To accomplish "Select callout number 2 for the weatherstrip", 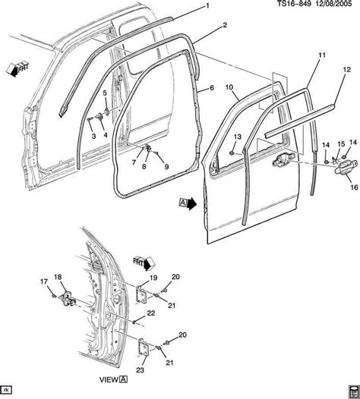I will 225,25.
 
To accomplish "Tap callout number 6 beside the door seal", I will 211,88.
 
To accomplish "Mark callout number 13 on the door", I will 236,137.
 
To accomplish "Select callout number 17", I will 43,282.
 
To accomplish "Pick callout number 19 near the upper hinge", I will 153,278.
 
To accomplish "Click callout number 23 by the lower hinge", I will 141,369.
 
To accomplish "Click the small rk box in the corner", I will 8,391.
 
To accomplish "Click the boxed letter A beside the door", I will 183,203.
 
